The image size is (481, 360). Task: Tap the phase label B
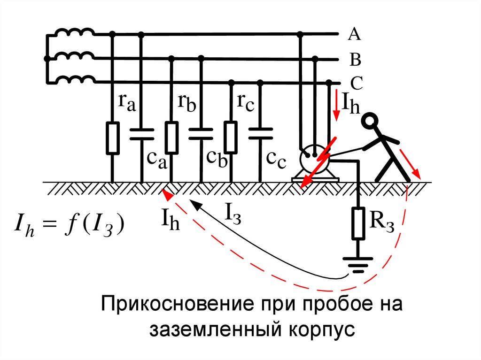pos(355,60)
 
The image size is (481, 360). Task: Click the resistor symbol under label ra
pos(112,138)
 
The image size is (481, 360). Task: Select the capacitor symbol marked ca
pos(141,134)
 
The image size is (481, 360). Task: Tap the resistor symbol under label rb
pos(171,138)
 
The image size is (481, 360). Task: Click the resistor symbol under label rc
pos(230,138)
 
